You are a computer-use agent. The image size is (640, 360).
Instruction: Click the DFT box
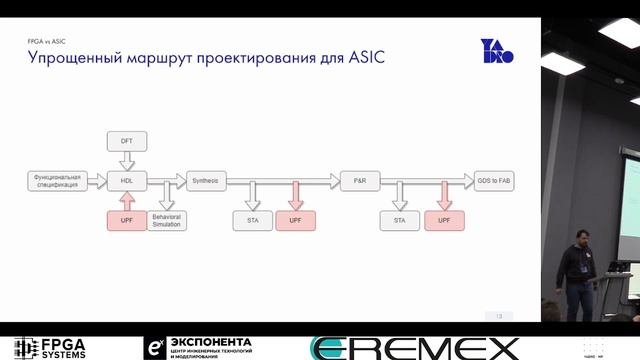[127, 141]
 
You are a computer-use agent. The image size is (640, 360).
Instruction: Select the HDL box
[127, 181]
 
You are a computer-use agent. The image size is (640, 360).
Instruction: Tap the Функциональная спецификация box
[56, 181]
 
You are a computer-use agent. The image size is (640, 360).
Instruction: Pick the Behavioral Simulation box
[168, 219]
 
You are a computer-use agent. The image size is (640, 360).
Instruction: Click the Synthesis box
[204, 181]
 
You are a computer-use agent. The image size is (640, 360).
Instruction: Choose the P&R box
[360, 181]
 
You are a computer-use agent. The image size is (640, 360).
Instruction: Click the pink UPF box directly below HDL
[127, 219]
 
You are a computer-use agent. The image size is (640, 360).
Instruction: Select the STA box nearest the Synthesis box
[253, 219]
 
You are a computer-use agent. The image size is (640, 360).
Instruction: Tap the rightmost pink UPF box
[444, 219]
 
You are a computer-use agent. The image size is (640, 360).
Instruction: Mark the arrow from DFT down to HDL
[127, 160]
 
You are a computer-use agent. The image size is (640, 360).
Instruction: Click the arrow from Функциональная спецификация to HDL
[97, 181]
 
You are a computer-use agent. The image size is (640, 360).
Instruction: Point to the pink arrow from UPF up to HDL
[127, 200]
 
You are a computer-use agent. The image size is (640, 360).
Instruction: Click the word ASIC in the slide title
[367, 59]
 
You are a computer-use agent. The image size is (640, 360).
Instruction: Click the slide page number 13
[498, 316]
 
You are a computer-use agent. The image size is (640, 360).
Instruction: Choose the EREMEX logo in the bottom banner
[415, 348]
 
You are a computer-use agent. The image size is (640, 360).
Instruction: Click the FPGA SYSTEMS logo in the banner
[50, 348]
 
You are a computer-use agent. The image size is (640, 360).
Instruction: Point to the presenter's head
[581, 237]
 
